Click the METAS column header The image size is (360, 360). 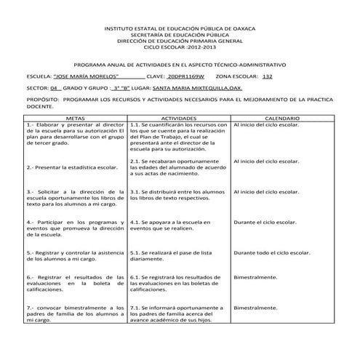[x=75, y=117]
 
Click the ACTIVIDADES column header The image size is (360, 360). [x=178, y=117]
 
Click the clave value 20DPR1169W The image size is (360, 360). [x=185, y=76]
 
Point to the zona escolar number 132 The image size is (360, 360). [x=267, y=76]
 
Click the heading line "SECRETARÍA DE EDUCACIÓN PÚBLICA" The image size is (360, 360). [x=180, y=33]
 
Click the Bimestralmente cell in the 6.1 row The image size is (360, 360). [x=255, y=277]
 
